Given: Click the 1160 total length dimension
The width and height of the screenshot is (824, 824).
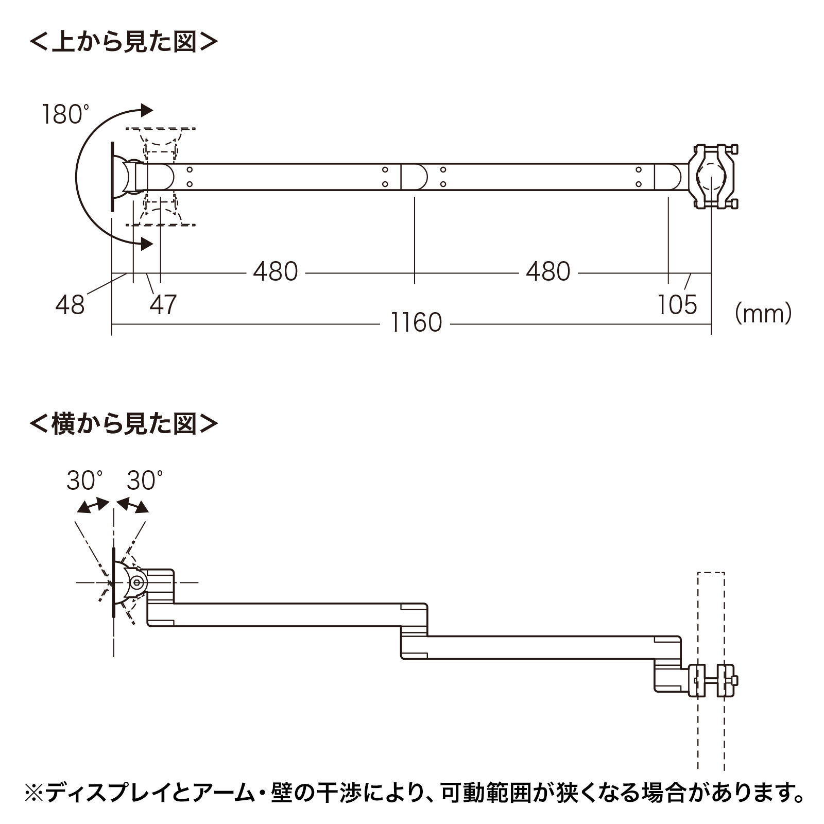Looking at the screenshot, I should pyautogui.click(x=416, y=323).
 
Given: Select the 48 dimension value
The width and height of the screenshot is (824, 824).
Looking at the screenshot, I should pyautogui.click(x=70, y=305).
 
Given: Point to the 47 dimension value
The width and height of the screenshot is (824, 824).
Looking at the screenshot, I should pyautogui.click(x=163, y=305).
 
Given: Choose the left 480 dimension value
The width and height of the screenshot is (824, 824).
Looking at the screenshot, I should pyautogui.click(x=276, y=271).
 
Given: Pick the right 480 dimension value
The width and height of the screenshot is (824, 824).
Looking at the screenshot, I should pyautogui.click(x=548, y=271).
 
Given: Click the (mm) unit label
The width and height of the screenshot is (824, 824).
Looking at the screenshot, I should pyautogui.click(x=763, y=314).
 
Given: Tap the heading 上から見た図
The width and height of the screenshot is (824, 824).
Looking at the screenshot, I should pyautogui.click(x=124, y=42).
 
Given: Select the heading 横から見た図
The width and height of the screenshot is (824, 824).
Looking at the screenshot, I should pyautogui.click(x=124, y=424).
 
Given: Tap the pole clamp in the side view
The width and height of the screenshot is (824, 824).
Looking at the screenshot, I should pyautogui.click(x=712, y=680).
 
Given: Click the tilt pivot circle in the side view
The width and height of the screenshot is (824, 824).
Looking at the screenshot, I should pyautogui.click(x=137, y=582).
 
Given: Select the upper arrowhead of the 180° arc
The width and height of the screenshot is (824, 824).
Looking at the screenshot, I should pyautogui.click(x=147, y=110).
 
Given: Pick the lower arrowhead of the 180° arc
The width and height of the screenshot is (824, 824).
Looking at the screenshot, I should pyautogui.click(x=147, y=244).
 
